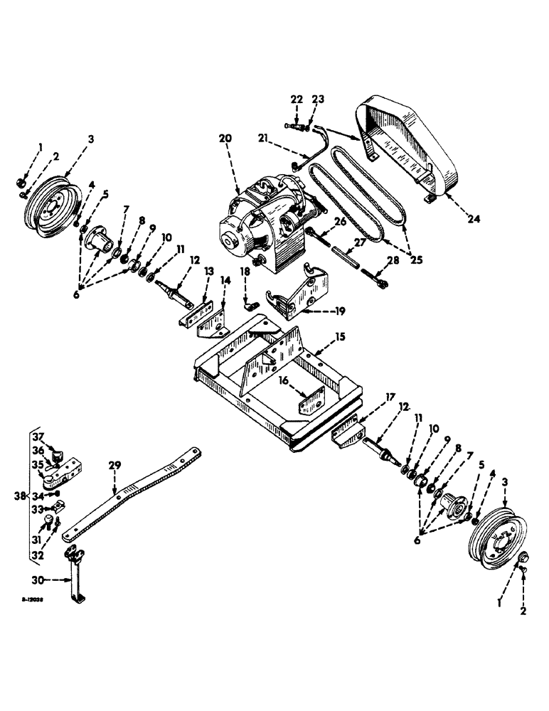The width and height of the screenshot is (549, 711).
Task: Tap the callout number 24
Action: (474, 220)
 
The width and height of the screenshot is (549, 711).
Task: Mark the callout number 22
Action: (296, 99)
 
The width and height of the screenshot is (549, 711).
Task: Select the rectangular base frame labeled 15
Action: (277, 384)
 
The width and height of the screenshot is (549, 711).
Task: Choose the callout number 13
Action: (209, 272)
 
